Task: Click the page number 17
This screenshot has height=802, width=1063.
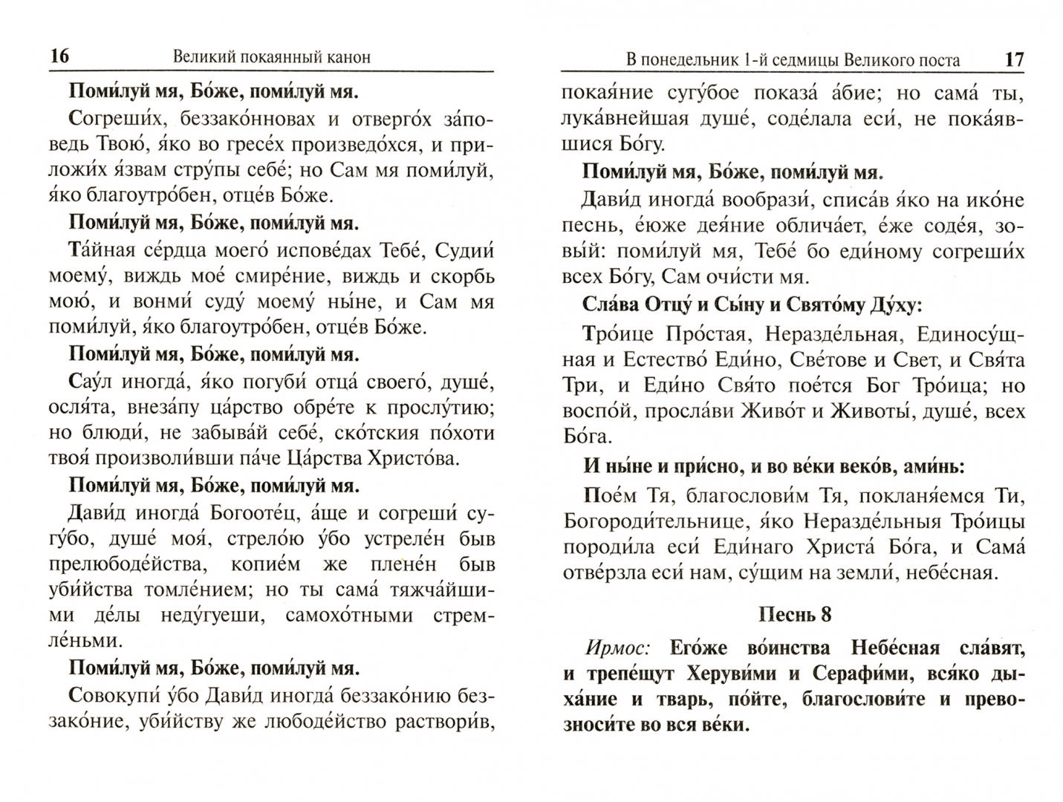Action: (x=1014, y=60)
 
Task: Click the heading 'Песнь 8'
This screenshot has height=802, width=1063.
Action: (x=794, y=615)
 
